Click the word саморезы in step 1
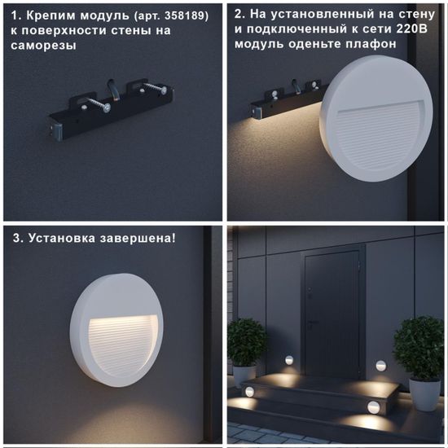pos(43,46)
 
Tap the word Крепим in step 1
pos(47,15)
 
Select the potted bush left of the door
pos(246,341)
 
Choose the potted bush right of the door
pos(419,347)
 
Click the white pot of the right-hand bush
pos(424,393)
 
